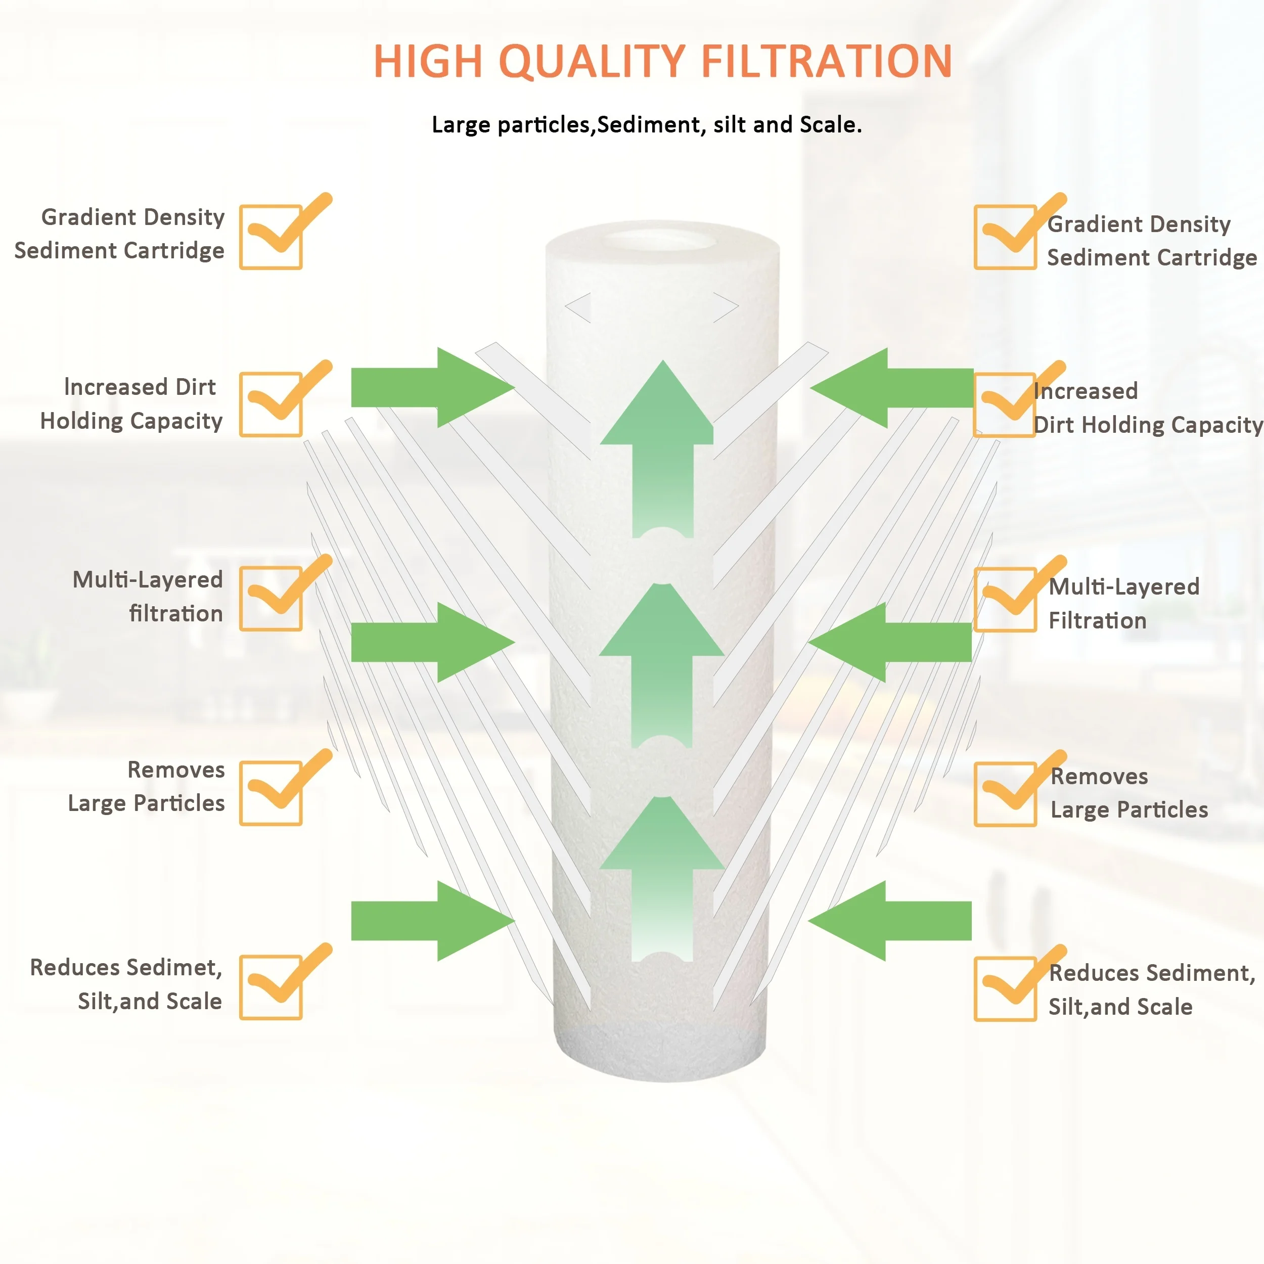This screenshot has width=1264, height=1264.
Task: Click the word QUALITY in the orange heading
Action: pos(592,62)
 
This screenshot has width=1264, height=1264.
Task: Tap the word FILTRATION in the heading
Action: pos(826,62)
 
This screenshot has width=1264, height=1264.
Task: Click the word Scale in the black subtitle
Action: pos(828,124)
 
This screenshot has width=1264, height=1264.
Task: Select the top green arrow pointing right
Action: pos(432,387)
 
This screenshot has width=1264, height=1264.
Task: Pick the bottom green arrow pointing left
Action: pos(890,921)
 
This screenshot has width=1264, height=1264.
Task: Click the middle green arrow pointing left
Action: pos(890,642)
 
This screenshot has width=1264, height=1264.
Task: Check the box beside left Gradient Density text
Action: pos(271,237)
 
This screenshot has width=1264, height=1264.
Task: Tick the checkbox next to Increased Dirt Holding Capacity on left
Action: pos(271,404)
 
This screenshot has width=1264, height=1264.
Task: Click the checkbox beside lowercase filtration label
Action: pos(271,599)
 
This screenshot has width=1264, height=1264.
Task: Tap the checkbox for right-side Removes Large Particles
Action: pos(1005,794)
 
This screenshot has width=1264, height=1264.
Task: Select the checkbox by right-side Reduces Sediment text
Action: pos(1005,988)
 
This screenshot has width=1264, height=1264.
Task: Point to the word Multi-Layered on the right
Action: pos(1124,587)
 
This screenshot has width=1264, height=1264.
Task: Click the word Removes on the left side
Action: pos(176,770)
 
